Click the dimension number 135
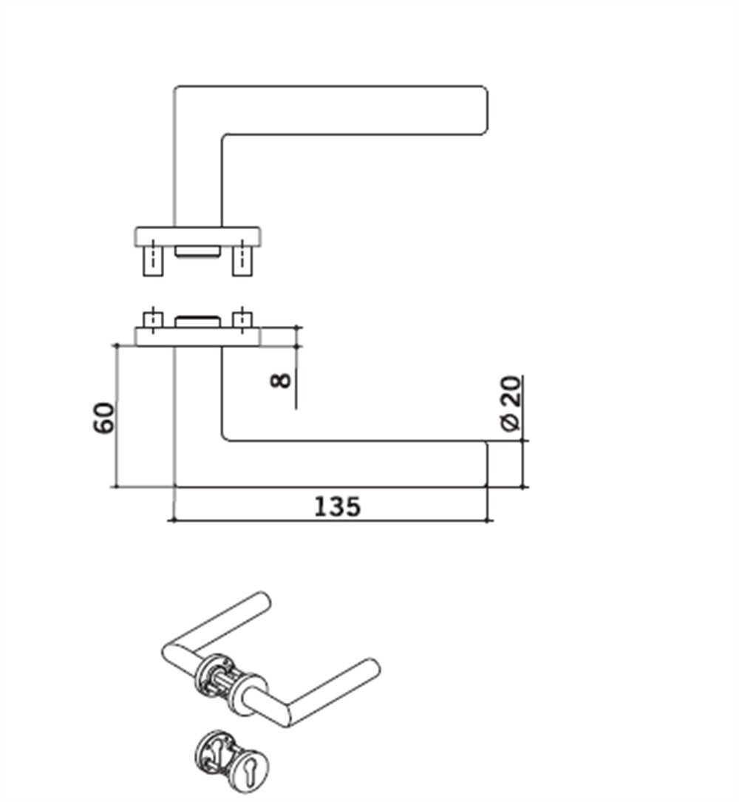click(338, 507)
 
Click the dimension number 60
click(104, 418)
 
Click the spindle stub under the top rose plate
click(197, 253)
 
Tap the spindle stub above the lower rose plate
click(197, 322)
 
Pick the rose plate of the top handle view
click(198, 237)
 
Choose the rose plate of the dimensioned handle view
click(198, 337)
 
